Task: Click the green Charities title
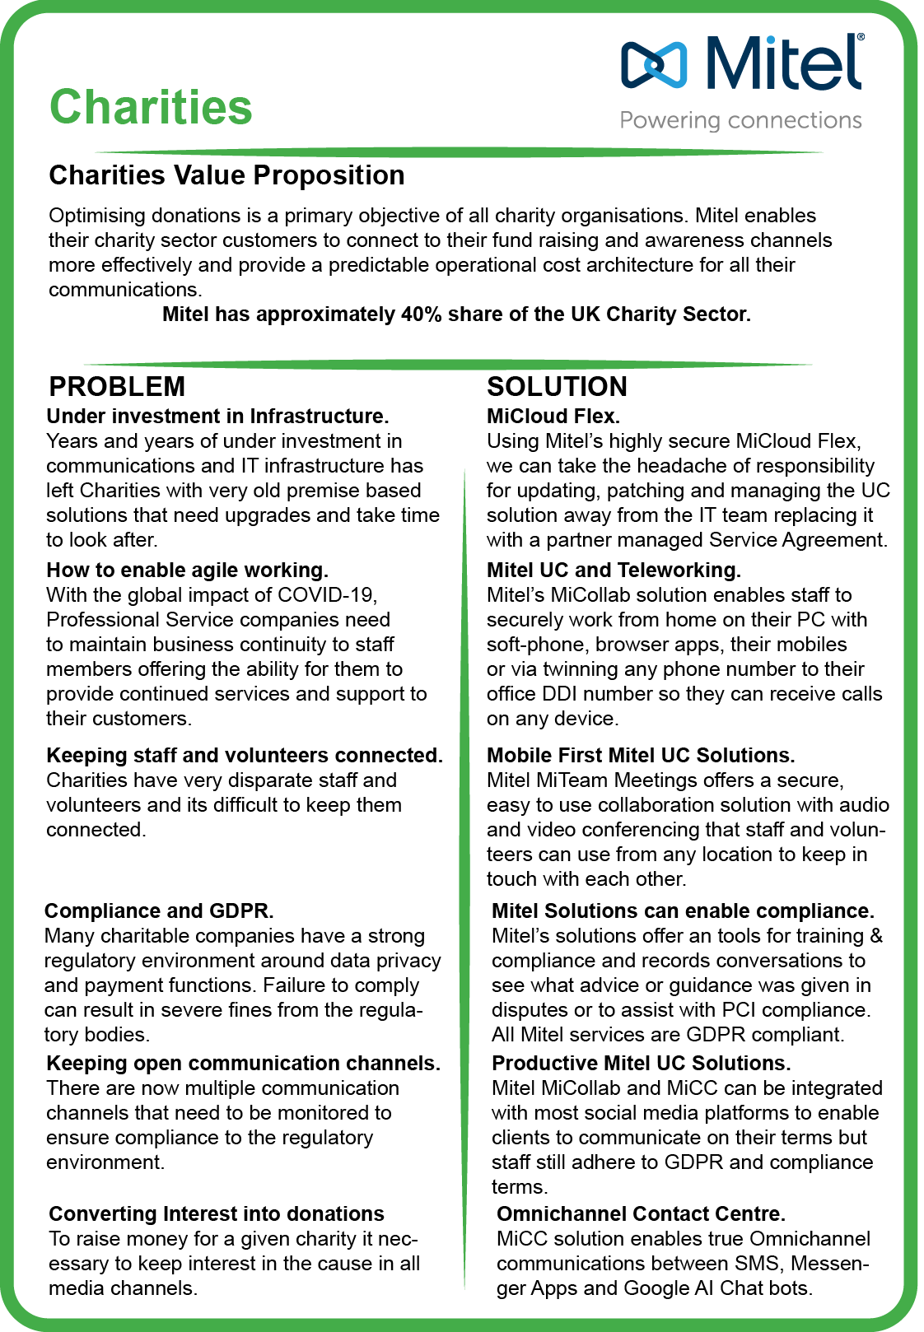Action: [151, 107]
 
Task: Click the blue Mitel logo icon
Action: [654, 64]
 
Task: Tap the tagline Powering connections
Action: [740, 120]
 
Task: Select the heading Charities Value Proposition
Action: [226, 175]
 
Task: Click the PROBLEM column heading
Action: [117, 386]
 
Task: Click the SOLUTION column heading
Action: [557, 386]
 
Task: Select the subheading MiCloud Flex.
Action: [553, 416]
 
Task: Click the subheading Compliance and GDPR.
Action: [159, 911]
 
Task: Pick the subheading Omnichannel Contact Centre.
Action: [641, 1213]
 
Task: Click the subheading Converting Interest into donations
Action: [217, 1213]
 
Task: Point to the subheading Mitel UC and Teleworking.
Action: [614, 570]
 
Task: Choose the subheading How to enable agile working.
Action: [187, 570]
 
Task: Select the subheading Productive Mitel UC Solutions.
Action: [641, 1063]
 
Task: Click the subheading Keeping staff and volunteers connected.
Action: [245, 755]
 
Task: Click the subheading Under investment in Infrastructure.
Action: [217, 416]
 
